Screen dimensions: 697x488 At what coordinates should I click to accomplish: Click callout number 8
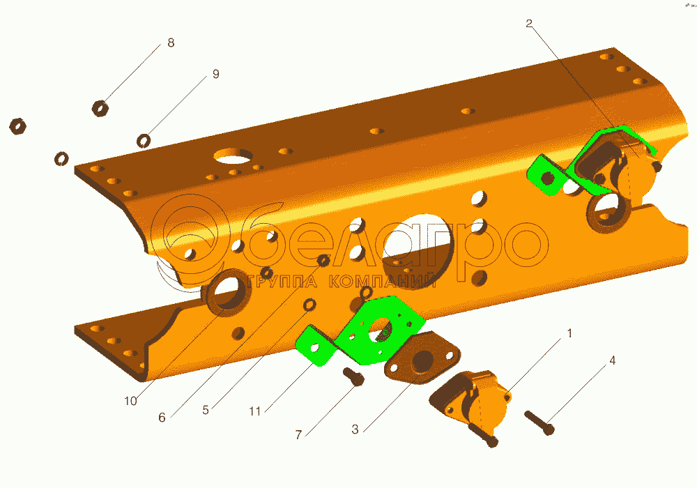[171, 43]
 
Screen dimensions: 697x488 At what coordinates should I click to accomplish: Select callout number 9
[215, 74]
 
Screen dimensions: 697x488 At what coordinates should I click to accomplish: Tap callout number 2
[528, 24]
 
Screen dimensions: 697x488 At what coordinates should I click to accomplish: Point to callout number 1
[569, 333]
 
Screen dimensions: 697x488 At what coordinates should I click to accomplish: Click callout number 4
[612, 360]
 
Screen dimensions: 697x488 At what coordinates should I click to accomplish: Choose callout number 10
[130, 401]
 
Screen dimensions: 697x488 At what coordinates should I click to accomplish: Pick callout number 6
[162, 418]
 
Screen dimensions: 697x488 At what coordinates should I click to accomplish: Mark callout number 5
[206, 410]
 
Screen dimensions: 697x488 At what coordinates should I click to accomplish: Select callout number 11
[254, 411]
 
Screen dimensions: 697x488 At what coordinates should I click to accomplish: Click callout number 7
[299, 434]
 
